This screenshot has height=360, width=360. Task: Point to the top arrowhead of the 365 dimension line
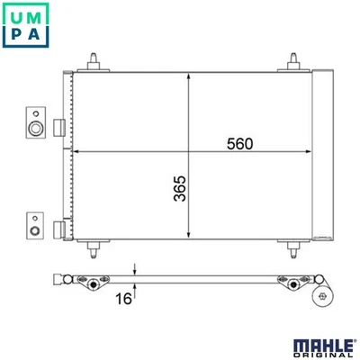[188, 76]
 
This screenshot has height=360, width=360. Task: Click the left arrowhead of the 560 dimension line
[76, 152]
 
